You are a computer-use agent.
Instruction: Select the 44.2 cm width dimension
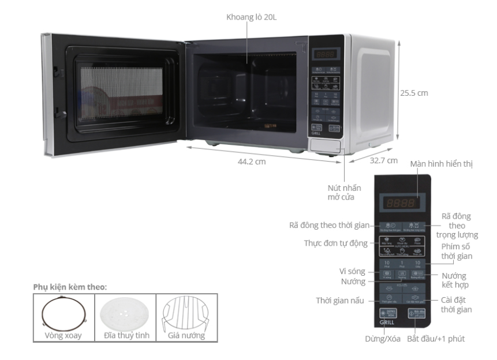(x=252, y=162)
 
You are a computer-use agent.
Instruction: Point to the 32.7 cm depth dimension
(x=384, y=160)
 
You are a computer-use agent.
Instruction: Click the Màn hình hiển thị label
(x=441, y=164)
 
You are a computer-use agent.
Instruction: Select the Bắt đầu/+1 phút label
(x=436, y=339)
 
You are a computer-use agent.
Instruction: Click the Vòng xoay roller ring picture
(x=63, y=314)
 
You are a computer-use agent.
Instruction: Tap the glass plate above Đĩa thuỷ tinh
(x=125, y=313)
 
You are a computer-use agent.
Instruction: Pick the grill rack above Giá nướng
(x=187, y=313)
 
